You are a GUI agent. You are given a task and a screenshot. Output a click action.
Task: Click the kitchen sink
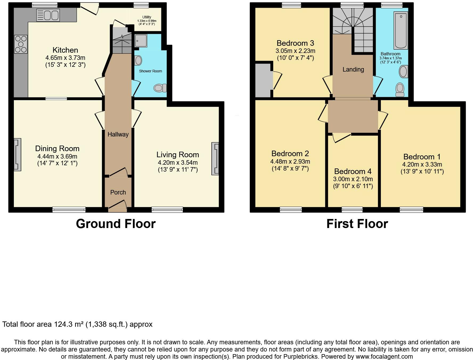pos(48,15)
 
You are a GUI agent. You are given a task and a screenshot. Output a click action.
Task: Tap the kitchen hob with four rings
pos(21,44)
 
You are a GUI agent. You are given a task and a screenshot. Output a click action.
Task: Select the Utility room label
pos(146,17)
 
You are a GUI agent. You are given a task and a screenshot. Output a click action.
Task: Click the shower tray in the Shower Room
pos(140,40)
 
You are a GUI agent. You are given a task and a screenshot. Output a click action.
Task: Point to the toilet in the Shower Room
pos(160,88)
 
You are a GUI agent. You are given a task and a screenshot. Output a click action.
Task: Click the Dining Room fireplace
pos(17,154)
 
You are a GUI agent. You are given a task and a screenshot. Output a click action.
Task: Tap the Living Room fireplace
pos(215,159)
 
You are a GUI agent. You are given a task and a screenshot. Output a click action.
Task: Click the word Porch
pos(118,192)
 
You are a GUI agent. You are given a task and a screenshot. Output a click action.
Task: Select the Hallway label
pos(118,134)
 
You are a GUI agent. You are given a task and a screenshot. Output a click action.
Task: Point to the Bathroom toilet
pos(400,89)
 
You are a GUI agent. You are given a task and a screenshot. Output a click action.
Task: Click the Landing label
pos(353,69)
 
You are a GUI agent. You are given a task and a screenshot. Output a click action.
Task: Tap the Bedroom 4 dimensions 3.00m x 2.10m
pos(353,179)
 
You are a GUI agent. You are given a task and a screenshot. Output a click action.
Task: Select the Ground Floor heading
pos(116,224)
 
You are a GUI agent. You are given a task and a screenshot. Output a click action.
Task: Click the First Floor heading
pos(357,224)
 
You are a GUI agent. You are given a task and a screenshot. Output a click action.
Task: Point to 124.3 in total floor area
pos(63,324)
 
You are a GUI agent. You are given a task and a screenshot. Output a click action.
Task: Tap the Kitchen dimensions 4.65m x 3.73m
pos(65,58)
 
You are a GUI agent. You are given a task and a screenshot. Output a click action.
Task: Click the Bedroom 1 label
pos(422,157)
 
